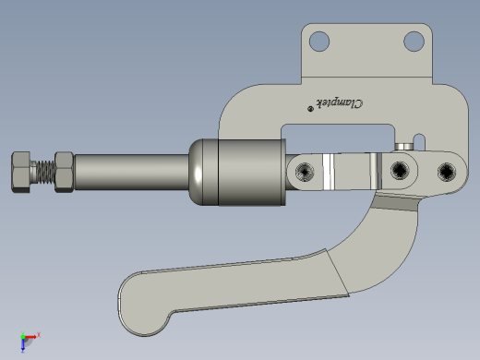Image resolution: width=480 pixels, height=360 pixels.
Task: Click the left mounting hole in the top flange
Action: (x=319, y=42)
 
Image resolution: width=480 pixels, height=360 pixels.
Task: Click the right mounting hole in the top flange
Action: (x=414, y=42)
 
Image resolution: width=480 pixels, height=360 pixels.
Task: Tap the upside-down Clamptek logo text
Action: (x=340, y=103)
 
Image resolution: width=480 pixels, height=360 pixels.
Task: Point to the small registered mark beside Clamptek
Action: (x=310, y=108)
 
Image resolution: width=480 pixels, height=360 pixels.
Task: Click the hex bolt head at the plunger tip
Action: (x=21, y=172)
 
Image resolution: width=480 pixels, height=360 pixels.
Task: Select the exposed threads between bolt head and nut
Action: (x=44, y=172)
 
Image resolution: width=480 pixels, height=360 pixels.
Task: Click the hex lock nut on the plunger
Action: (x=64, y=172)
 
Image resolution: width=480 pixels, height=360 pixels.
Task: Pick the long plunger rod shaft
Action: (x=131, y=172)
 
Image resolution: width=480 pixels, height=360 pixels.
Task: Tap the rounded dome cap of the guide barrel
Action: (x=204, y=172)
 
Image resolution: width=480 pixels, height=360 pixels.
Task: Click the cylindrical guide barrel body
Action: (x=252, y=172)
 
